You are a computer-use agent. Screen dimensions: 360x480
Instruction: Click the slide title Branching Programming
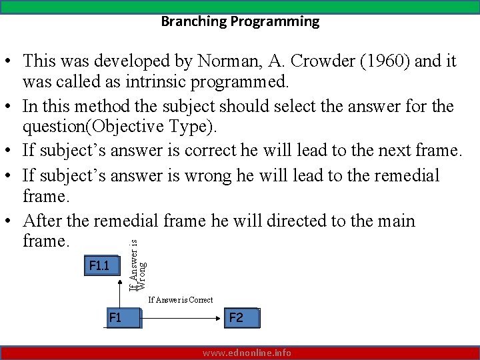coord(240,21)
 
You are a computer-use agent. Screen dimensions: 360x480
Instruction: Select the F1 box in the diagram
coord(123,318)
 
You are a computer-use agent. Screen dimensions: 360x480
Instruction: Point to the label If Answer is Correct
coord(180,300)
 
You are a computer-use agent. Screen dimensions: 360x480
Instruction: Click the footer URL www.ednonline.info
coord(247,353)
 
